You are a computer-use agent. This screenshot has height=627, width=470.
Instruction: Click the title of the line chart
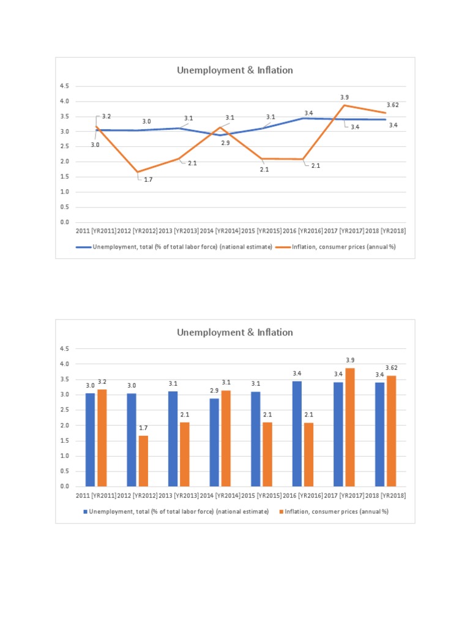pos(235,70)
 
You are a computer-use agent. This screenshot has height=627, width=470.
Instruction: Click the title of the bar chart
pos(235,332)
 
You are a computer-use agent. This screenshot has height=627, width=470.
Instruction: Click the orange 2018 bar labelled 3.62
pos(392,431)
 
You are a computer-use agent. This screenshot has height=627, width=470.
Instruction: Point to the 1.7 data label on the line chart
pos(148,180)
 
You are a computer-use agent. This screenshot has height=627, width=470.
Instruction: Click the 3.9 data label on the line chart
pos(345,97)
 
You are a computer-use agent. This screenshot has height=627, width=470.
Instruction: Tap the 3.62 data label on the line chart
pos(393,105)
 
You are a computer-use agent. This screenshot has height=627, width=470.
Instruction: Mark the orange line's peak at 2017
pos(345,105)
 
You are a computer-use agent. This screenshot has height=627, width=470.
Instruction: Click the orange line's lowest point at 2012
pos(138,172)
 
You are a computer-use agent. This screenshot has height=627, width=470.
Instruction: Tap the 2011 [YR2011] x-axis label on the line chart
pos(96,231)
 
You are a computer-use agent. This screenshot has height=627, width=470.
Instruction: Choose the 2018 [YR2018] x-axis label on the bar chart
pos(386,495)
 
